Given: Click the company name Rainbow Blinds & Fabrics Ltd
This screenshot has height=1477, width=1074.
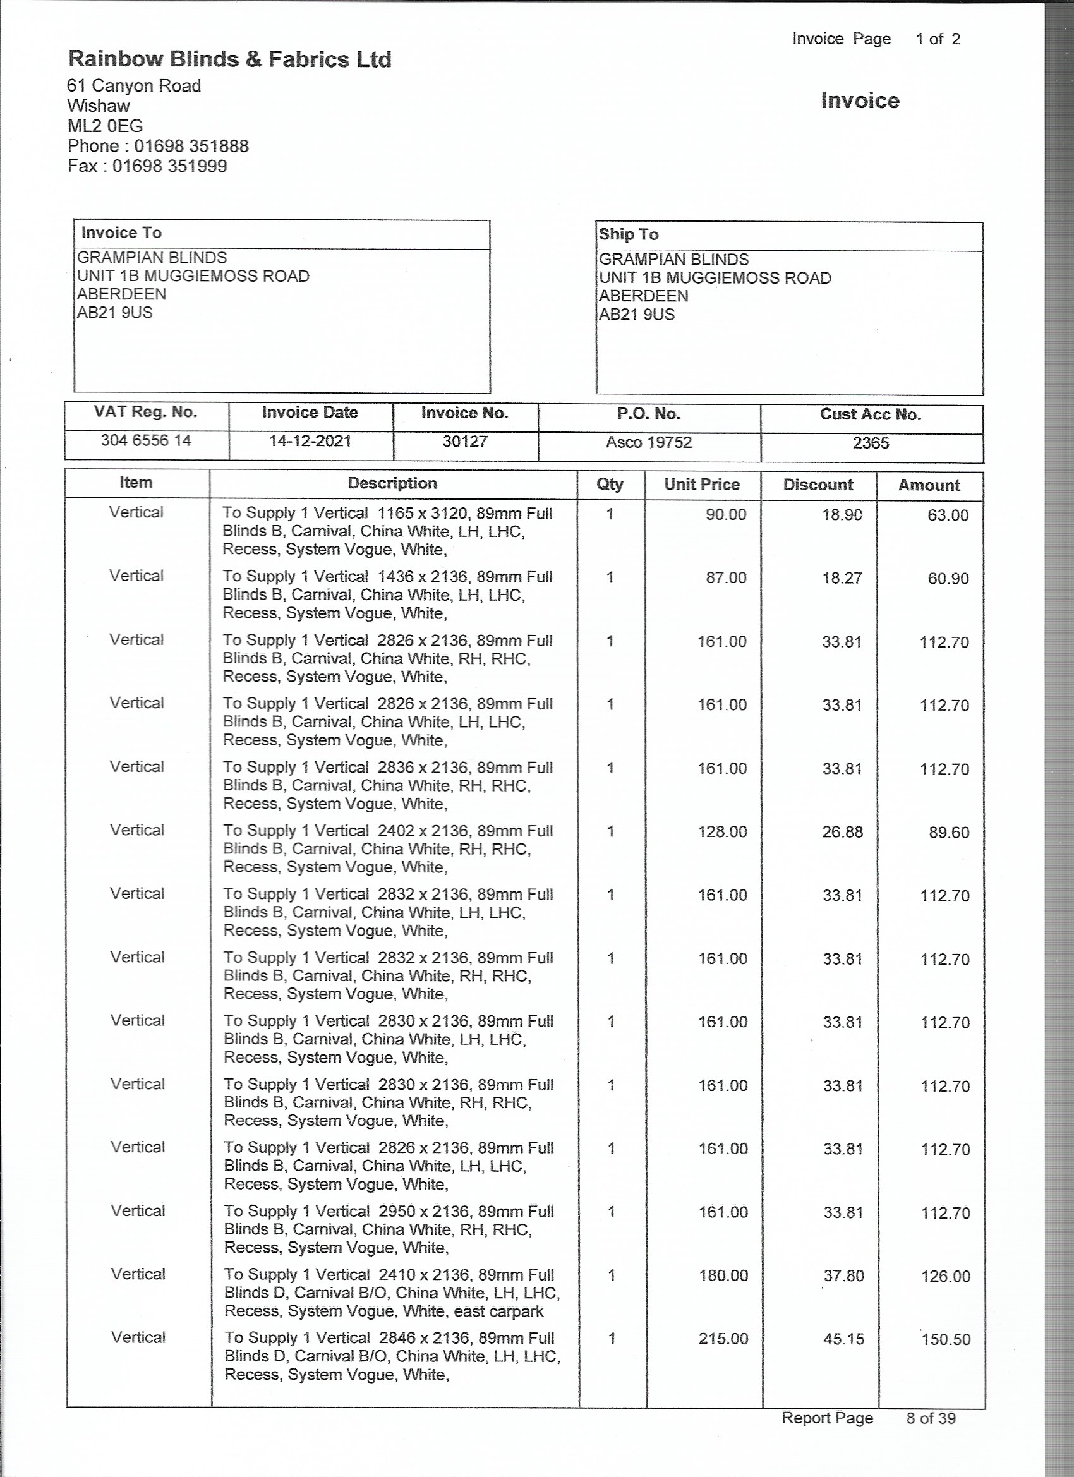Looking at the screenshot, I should (229, 59).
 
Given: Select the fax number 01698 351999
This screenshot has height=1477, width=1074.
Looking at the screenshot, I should (169, 166).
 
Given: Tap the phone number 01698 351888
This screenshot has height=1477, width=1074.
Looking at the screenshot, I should (191, 146).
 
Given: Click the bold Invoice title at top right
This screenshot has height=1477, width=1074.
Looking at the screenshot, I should (860, 100).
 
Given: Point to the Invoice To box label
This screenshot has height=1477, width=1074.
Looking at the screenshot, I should (121, 232).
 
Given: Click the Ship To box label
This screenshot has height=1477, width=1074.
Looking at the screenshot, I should (629, 234).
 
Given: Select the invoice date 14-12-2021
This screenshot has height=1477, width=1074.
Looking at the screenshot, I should (310, 441).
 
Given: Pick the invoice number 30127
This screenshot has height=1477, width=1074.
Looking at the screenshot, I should (465, 442).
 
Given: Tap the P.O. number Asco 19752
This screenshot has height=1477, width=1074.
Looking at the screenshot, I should (649, 442).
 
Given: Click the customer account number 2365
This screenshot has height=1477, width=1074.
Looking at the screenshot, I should (871, 443).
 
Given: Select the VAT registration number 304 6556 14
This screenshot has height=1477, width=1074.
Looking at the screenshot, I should (146, 440).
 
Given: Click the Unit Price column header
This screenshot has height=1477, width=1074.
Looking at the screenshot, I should (701, 484).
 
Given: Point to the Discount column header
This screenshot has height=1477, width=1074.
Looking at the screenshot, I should (818, 485).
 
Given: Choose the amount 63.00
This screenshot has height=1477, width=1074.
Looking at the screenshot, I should (948, 515).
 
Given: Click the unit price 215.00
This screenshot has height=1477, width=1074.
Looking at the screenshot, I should (723, 1338).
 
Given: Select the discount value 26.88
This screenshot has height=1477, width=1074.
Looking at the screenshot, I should (842, 831).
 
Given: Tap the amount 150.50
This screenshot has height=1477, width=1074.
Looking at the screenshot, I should (945, 1339).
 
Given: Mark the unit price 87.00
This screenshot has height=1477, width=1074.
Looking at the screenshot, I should (725, 577).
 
